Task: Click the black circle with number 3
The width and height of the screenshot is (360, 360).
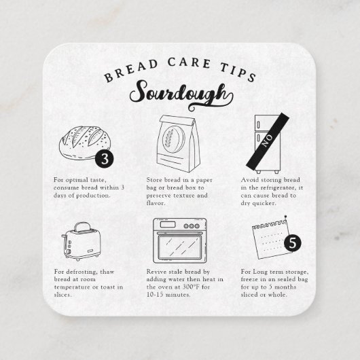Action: (x=103, y=159)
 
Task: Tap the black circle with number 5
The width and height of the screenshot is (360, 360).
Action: (x=292, y=241)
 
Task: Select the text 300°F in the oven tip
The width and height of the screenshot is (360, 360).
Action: (x=188, y=287)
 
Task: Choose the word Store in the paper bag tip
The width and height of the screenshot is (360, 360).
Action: (x=156, y=180)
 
